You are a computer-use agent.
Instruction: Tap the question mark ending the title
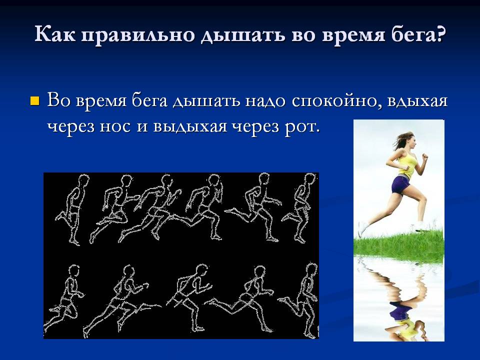pos(439,33)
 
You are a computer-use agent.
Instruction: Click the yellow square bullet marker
pos(35,100)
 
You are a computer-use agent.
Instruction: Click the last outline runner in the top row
pos(299,207)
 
